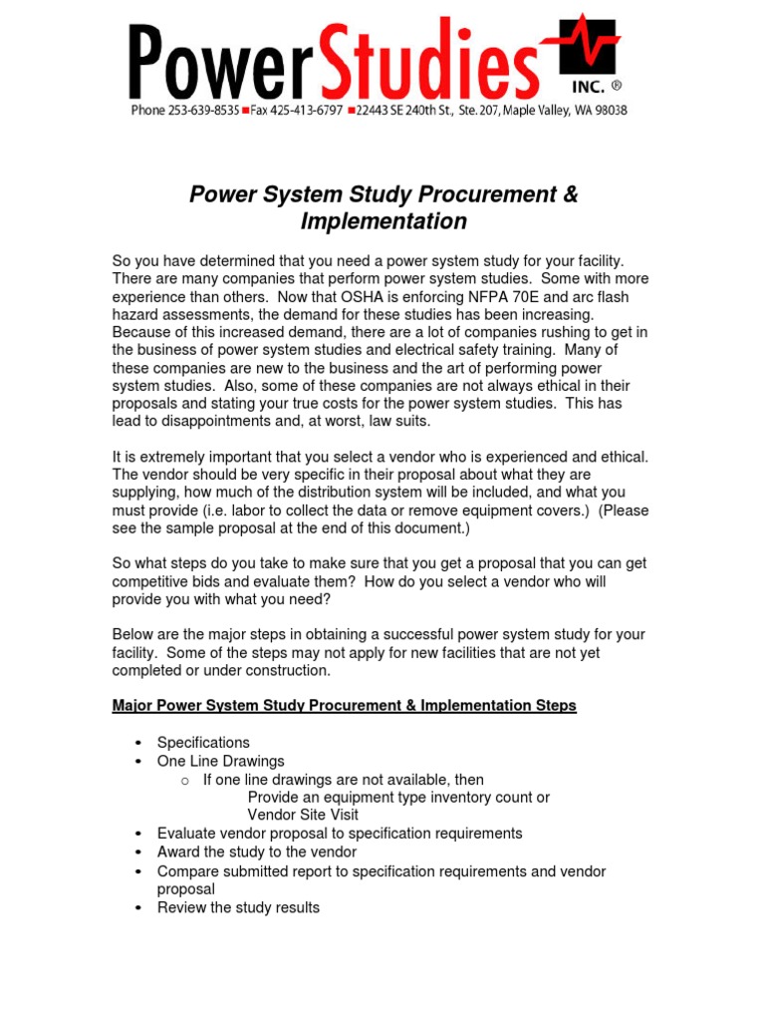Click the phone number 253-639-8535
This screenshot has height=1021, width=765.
(204, 111)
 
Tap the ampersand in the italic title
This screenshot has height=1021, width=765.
(570, 194)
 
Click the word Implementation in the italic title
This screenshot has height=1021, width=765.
(382, 221)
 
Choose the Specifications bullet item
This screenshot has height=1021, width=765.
(203, 743)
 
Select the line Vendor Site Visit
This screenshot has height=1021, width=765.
(303, 815)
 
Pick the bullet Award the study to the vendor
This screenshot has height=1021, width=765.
(256, 852)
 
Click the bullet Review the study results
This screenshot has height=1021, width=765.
(238, 907)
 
